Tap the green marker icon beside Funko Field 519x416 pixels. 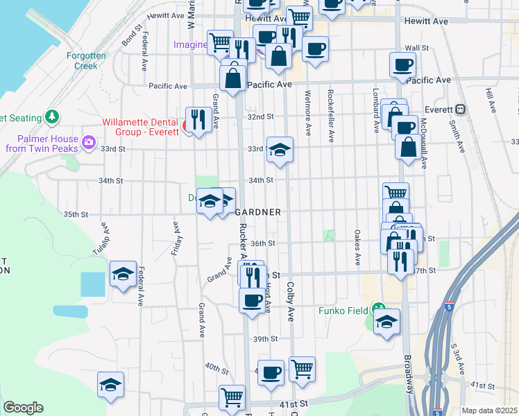click(378, 309)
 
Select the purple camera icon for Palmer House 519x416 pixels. click(88, 143)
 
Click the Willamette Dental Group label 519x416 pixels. click(140, 128)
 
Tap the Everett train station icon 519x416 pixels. click(460, 109)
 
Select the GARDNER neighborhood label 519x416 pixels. click(258, 212)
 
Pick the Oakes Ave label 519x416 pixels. click(357, 248)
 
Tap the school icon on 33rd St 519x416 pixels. click(280, 150)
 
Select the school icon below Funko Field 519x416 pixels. click(387, 322)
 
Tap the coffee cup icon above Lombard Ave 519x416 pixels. click(402, 66)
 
